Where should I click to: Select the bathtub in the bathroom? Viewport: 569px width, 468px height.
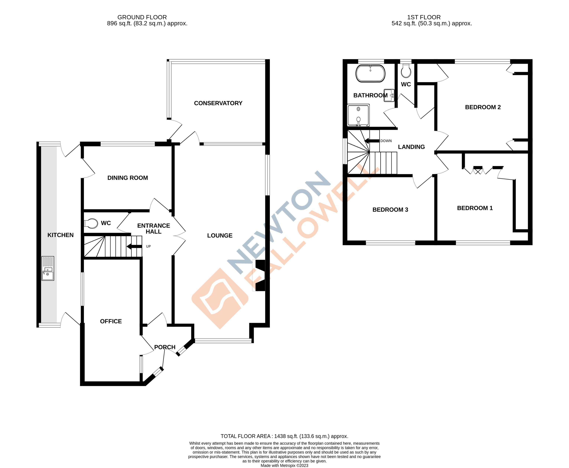coord(370,73)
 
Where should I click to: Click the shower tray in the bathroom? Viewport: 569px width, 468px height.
coord(358,115)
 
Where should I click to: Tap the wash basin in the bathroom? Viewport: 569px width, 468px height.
coord(389,95)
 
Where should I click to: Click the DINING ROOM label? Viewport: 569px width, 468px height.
coord(127,178)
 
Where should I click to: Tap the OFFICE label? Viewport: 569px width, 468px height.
coord(111,321)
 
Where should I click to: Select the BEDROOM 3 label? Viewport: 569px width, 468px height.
coord(390,210)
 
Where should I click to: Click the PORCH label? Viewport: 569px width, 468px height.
coord(165,347)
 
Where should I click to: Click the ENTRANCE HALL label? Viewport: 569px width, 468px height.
coord(153,229)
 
